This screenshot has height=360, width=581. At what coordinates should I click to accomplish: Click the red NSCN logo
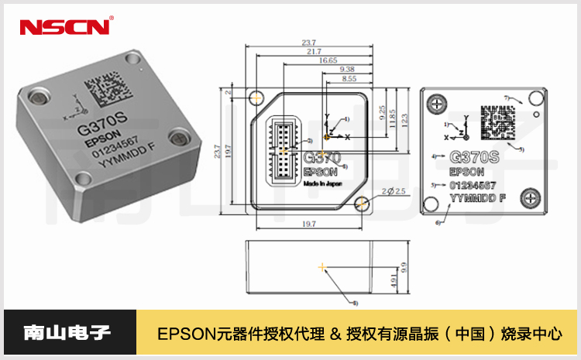[x=65, y=27]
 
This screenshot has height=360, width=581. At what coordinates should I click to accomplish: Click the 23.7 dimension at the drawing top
[x=308, y=43]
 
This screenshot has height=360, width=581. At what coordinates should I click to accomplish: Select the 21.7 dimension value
[x=313, y=51]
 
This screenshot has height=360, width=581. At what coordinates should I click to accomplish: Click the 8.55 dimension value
[x=349, y=78]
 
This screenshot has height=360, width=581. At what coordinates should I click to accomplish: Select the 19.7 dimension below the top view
[x=308, y=224]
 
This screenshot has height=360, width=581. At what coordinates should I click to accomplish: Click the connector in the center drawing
[x=285, y=147]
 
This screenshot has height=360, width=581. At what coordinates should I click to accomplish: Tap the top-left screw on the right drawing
[x=438, y=103]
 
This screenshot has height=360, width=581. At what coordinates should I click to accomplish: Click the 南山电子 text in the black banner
[x=68, y=334]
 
